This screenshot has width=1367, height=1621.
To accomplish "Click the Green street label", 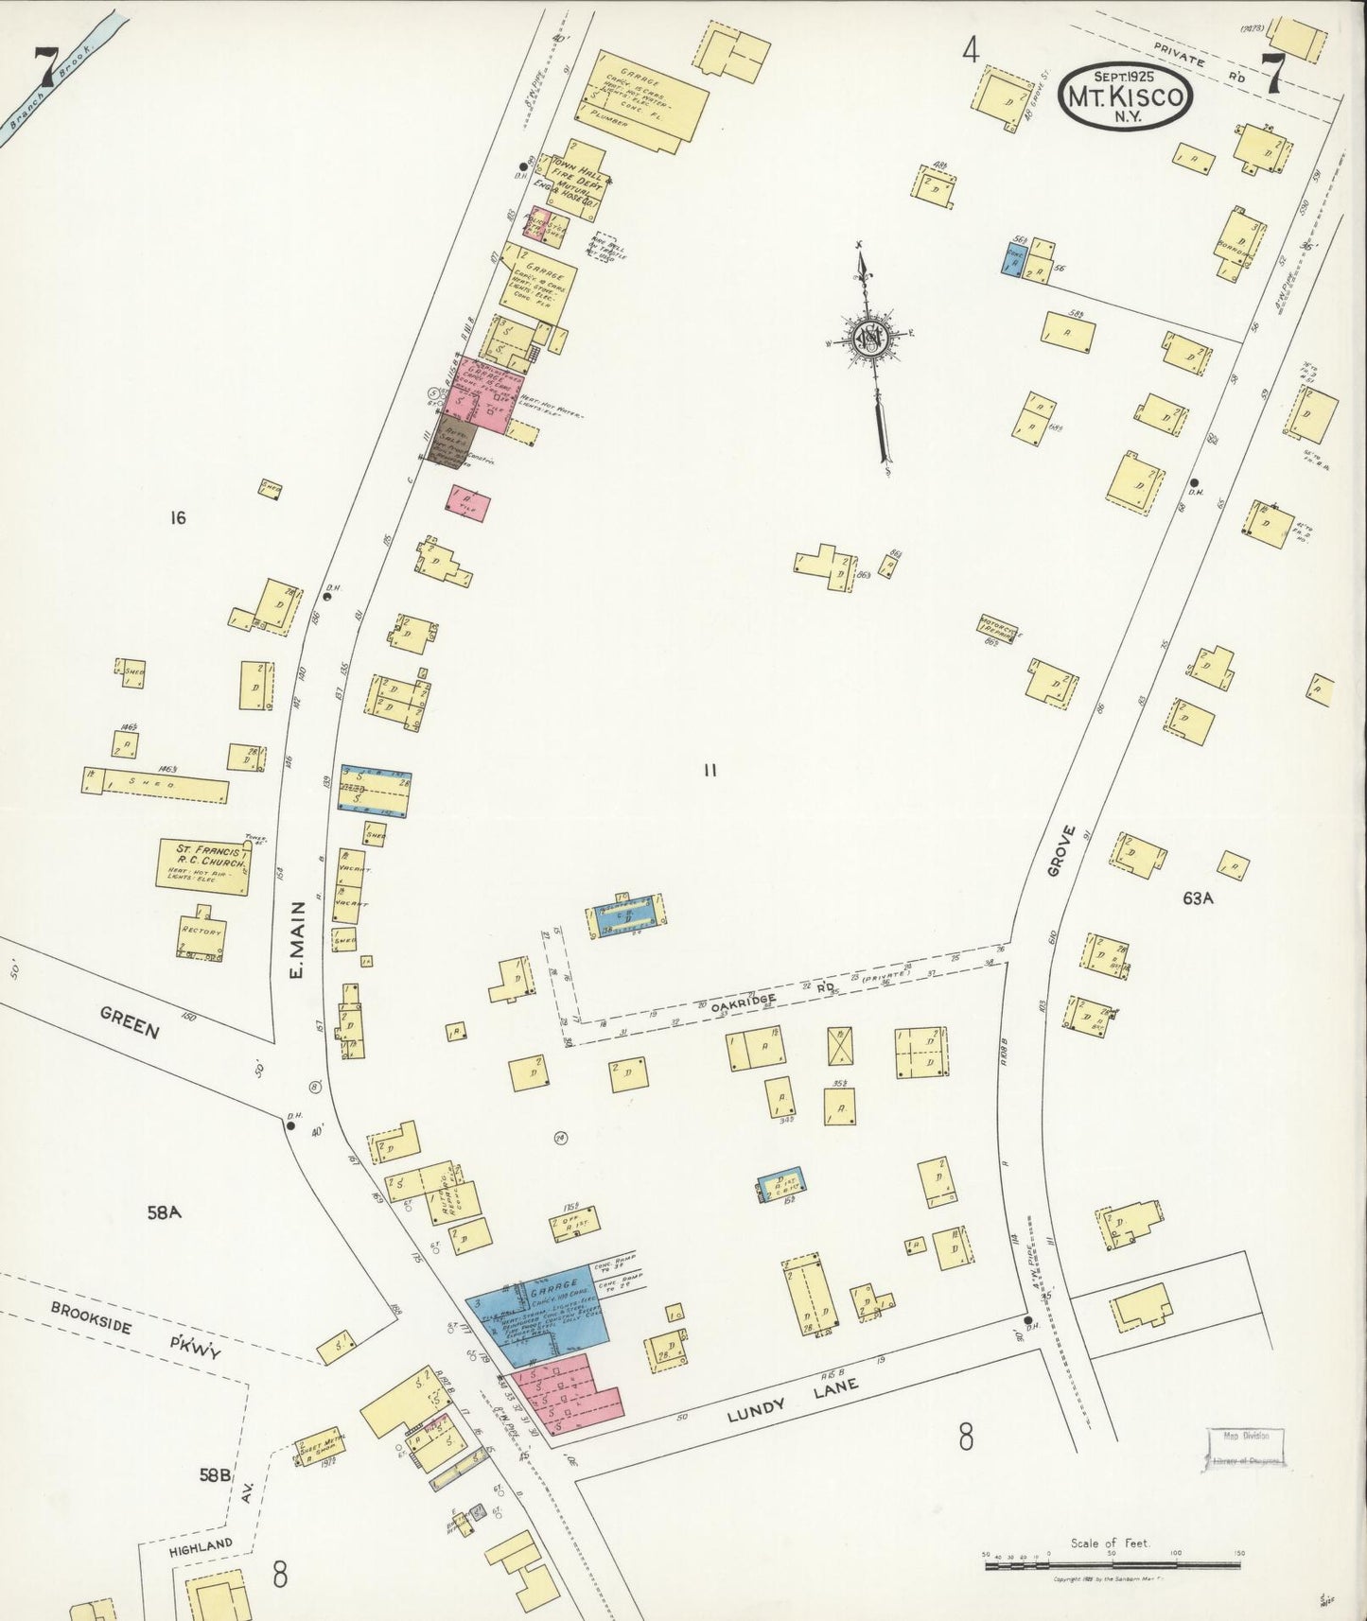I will [131, 1021].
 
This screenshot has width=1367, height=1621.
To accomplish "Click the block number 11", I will [710, 770].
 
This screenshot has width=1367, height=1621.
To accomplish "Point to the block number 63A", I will [1197, 898].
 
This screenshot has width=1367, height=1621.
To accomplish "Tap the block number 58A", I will [164, 1211].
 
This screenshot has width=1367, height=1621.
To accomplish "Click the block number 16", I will [177, 517].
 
